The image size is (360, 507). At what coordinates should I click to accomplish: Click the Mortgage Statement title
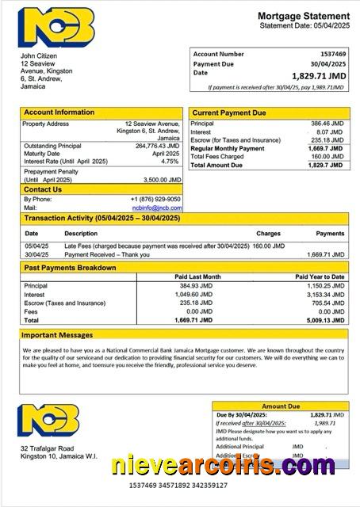(x=303, y=16)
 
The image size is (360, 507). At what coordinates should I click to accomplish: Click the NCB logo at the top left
(x=56, y=27)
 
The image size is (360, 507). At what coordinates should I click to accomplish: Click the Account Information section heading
(x=59, y=112)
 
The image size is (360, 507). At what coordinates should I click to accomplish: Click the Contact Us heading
(x=43, y=189)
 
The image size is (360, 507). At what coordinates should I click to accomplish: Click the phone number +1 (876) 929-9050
(x=155, y=199)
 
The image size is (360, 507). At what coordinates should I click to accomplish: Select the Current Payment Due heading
(x=231, y=113)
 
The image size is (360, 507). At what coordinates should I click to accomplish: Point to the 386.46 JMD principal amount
(x=327, y=124)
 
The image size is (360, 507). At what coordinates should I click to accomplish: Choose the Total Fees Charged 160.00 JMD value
(x=327, y=156)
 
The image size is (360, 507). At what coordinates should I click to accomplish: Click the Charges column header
(x=268, y=234)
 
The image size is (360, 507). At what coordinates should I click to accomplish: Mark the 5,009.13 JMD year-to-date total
(x=326, y=319)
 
